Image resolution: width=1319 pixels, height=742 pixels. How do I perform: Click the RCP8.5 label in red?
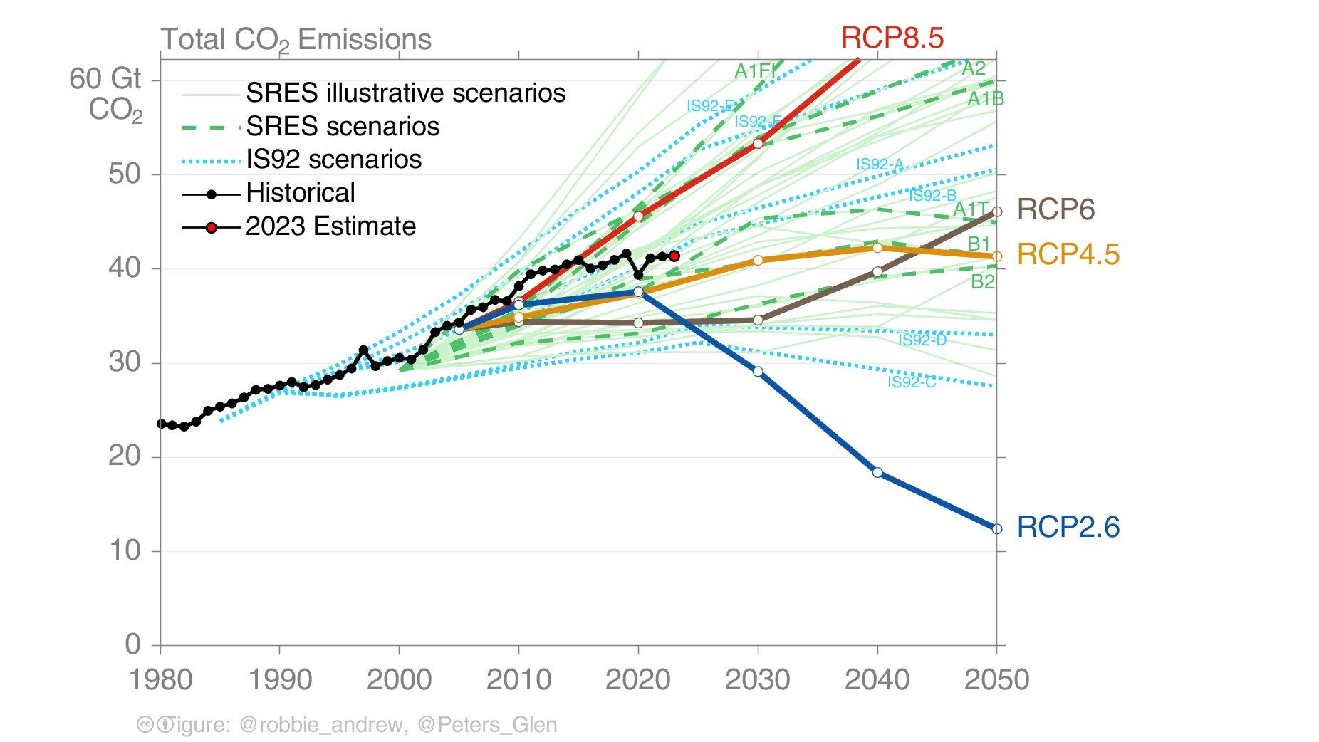(x=892, y=37)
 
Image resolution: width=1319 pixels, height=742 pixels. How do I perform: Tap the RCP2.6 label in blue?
(x=1068, y=527)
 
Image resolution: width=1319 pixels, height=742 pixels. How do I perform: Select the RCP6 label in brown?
(x=1055, y=209)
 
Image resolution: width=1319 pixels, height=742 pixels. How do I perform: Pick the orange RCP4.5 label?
(x=1068, y=254)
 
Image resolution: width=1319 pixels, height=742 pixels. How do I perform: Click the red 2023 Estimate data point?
(x=674, y=256)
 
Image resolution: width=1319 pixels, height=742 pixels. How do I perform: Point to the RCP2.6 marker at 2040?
(x=877, y=473)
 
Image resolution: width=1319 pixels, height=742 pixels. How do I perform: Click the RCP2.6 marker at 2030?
(x=758, y=372)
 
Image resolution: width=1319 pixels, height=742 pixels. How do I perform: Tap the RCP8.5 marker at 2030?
(x=758, y=144)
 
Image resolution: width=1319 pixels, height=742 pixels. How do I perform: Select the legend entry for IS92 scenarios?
(x=333, y=160)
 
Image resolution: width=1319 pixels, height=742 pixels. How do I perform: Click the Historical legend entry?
(x=300, y=193)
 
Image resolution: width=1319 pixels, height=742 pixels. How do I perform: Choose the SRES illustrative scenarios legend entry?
(x=405, y=93)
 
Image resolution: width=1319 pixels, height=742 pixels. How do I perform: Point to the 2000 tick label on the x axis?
(x=399, y=679)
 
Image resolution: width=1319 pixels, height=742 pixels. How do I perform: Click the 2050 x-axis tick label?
(x=996, y=679)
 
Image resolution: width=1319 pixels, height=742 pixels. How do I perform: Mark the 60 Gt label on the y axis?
(x=105, y=79)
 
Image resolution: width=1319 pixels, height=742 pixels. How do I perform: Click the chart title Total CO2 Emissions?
(x=296, y=39)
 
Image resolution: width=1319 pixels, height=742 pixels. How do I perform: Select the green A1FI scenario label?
(x=754, y=70)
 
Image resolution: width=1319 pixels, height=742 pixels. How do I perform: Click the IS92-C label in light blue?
(x=911, y=382)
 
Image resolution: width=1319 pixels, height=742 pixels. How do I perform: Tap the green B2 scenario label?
(x=982, y=282)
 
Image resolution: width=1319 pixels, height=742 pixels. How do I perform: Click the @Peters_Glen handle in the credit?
(x=486, y=725)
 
